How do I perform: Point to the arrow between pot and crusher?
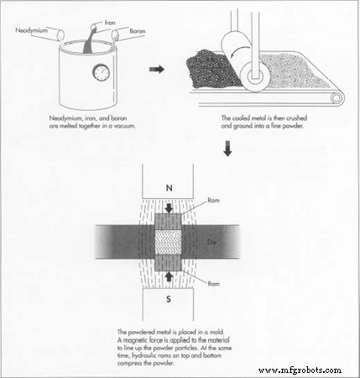(x=154, y=69)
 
